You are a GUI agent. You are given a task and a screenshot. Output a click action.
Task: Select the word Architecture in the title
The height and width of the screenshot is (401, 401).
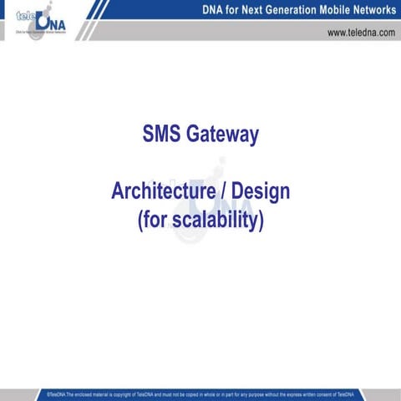pos(163,191)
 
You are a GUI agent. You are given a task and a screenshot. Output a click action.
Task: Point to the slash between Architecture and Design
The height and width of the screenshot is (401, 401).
pos(224,191)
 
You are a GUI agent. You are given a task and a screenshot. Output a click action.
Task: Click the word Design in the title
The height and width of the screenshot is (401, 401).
pos(261,191)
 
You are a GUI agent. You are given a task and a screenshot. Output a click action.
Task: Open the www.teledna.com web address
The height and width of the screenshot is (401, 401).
pos(361,33)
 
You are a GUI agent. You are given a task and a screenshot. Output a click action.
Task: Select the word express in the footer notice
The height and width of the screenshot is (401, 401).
pos(294,393)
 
